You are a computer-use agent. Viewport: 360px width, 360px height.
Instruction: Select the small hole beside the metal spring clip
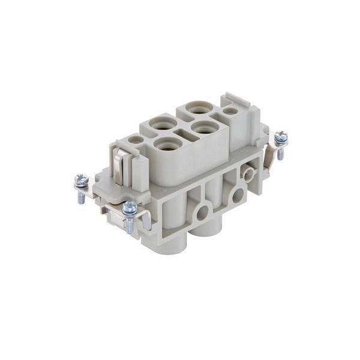[136, 140]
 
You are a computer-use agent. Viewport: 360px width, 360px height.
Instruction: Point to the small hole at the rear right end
[229, 111]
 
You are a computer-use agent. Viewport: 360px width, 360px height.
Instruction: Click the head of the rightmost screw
[280, 137]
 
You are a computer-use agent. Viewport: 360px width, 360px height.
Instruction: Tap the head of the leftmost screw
[80, 179]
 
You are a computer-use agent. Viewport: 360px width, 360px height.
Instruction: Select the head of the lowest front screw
[130, 208]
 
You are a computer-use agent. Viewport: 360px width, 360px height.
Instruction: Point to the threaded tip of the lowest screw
[130, 229]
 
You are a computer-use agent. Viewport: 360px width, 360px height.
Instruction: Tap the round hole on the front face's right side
[239, 194]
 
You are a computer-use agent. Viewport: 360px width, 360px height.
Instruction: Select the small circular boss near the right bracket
[246, 174]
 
